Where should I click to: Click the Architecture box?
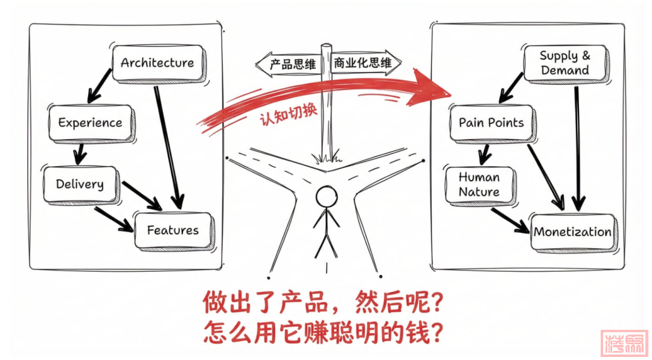pos(158,63)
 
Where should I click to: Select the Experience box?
pos(90,123)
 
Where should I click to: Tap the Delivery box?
pos(80,184)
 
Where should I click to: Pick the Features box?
pos(173,230)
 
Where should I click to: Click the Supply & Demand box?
pos(565,63)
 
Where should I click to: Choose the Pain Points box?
pos(491,123)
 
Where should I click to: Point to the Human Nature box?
pos(479,184)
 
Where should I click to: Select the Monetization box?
pos(572,232)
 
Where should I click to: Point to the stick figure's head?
pos(327,196)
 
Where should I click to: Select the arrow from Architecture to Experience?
pos(100,85)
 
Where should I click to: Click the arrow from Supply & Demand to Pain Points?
pos(511,89)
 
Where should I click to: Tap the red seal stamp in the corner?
pos(624,342)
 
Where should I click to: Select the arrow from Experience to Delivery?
pos(79,153)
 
